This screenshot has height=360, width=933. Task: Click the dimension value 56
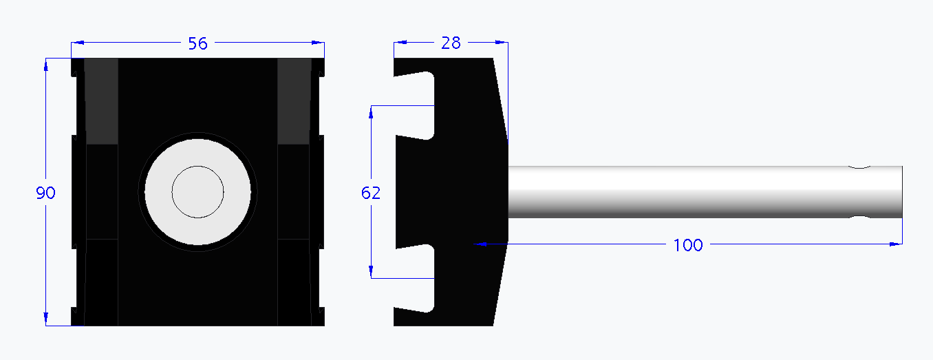click(197, 44)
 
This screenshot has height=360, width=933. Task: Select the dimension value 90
click(45, 193)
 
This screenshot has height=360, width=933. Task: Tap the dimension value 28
click(451, 43)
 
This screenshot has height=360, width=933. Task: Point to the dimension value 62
click(371, 193)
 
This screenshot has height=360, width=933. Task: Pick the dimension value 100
click(688, 245)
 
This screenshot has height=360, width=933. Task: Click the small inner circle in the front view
click(198, 192)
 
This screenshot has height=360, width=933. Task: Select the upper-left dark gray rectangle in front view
click(101, 101)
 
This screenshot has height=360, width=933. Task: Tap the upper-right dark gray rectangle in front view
click(294, 101)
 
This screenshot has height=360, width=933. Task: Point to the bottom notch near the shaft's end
click(859, 218)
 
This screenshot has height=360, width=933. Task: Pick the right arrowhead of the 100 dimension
click(896, 244)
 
